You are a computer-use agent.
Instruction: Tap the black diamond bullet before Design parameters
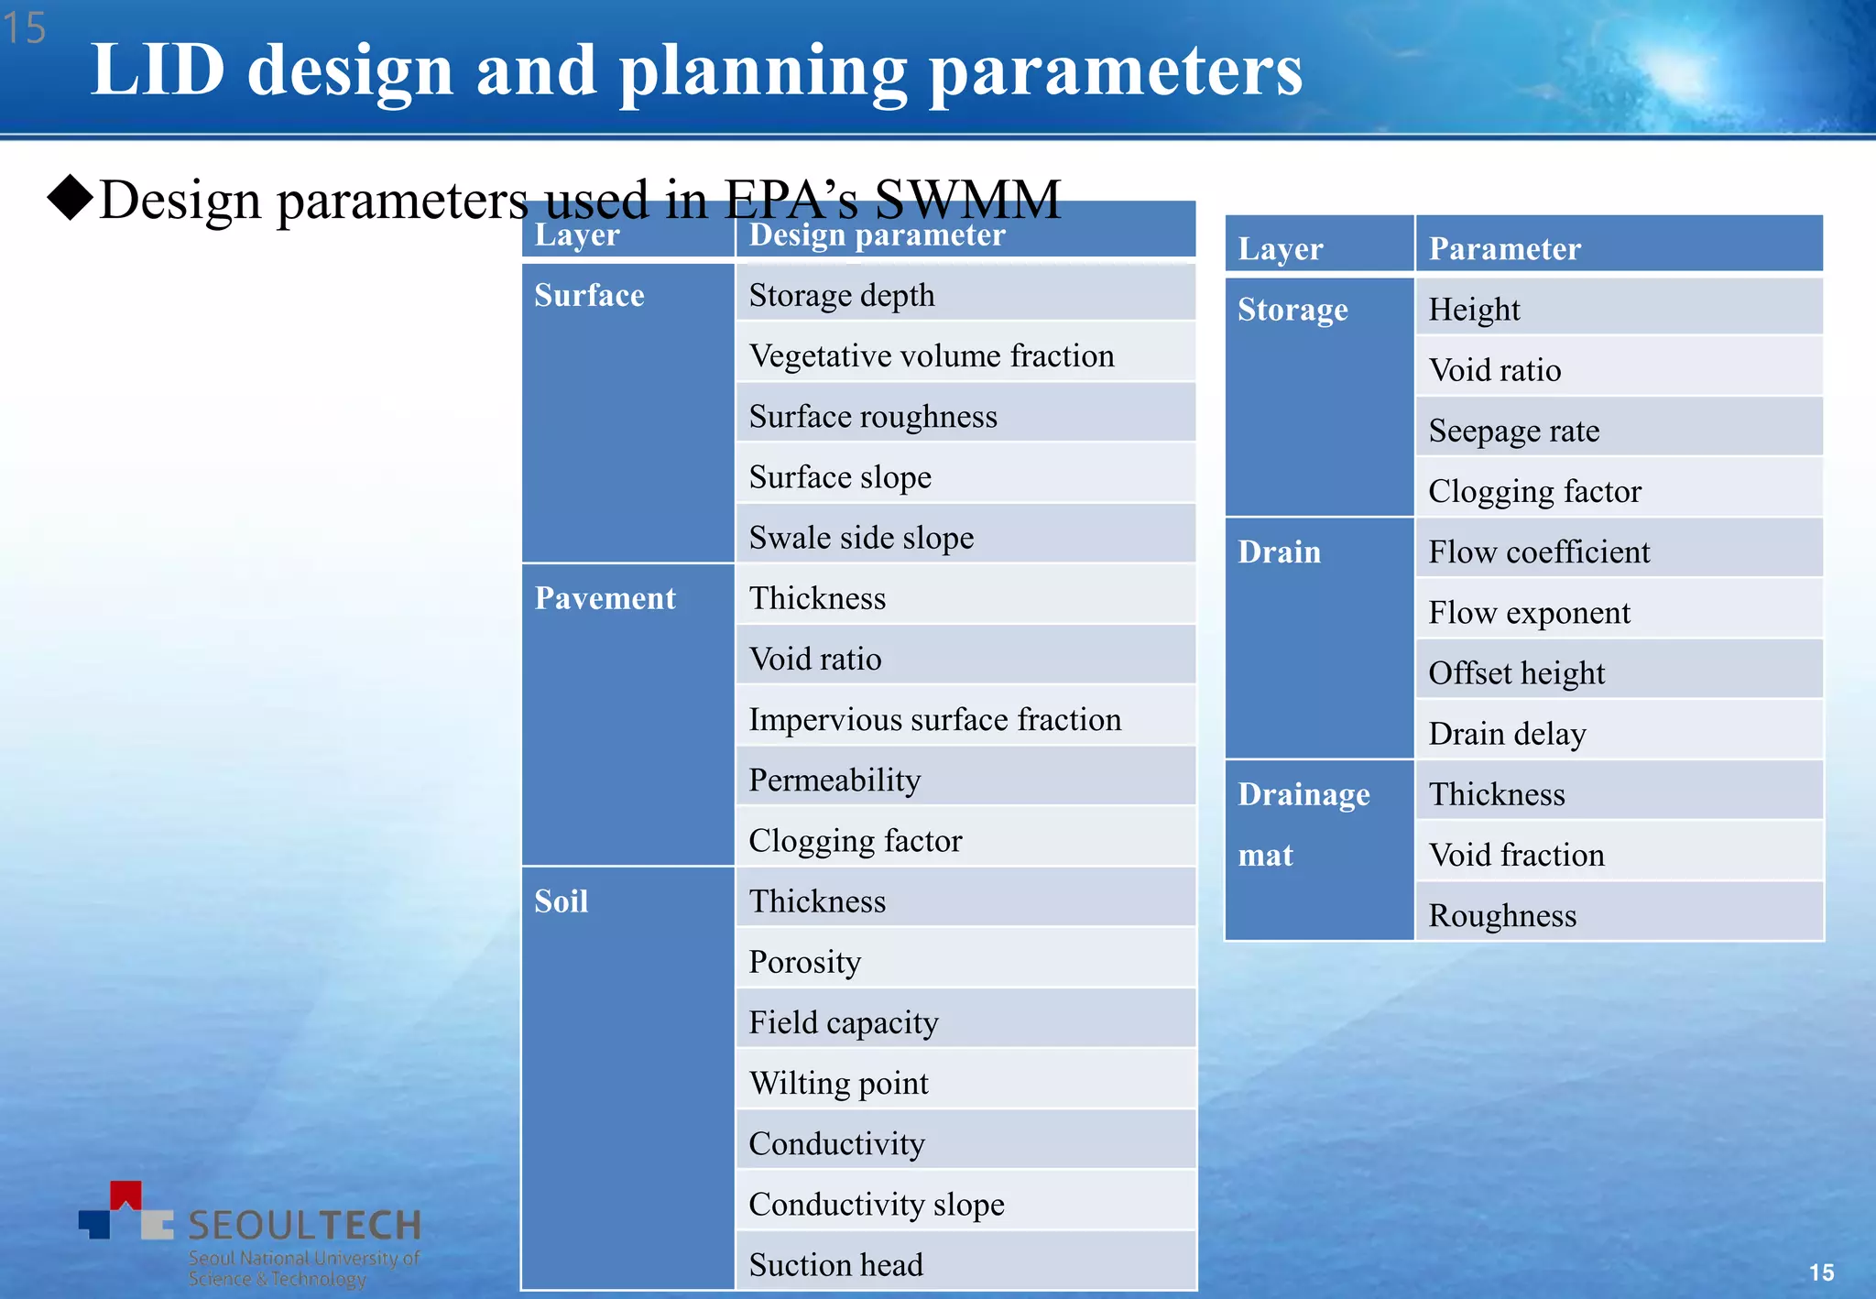pyautogui.click(x=71, y=198)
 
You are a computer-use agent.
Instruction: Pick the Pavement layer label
pyautogui.click(x=605, y=598)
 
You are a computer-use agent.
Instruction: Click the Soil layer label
pyautogui.click(x=561, y=901)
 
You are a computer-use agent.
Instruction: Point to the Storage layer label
pyautogui.click(x=1292, y=310)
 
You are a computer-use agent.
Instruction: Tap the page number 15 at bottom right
pyautogui.click(x=1821, y=1272)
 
